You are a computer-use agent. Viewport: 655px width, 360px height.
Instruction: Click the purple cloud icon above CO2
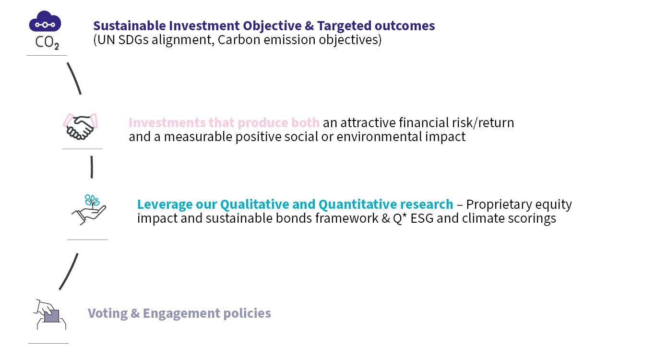[x=45, y=21]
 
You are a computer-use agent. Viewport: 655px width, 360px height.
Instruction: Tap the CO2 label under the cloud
[x=47, y=43]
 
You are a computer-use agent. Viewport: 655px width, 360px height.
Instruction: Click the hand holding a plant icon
[x=89, y=210]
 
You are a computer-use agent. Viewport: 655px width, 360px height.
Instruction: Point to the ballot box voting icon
[x=50, y=315]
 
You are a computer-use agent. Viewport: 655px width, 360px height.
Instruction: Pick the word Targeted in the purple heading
[x=344, y=26]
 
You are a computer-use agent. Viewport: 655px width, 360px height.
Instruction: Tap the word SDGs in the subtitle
[x=133, y=40]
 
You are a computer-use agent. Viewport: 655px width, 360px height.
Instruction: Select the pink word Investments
[x=167, y=123]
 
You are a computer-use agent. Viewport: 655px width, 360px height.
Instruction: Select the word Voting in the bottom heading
[x=107, y=313]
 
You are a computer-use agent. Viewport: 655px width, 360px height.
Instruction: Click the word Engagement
[x=181, y=313]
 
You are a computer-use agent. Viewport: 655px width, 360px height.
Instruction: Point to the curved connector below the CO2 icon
[x=74, y=78]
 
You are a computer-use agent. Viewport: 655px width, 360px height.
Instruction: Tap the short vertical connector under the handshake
[x=92, y=167]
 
